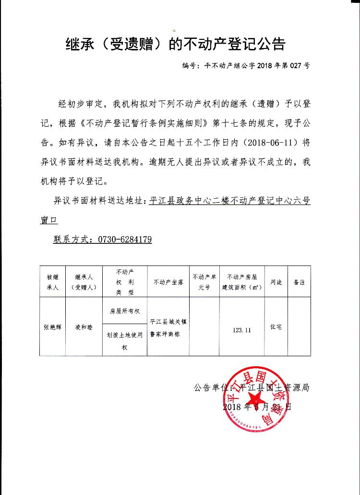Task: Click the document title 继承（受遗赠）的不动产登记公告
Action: point(175,45)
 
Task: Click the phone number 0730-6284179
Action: point(124,239)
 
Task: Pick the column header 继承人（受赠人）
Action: point(84,282)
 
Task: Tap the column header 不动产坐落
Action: point(168,282)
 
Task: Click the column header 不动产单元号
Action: point(204,282)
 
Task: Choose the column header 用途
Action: point(276,282)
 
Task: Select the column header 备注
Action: point(299,282)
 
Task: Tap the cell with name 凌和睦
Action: point(84,327)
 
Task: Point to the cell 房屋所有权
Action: point(124,311)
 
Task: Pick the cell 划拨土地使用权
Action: point(124,341)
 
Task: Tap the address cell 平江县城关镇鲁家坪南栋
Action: point(168,327)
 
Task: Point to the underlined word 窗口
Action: point(48,220)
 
